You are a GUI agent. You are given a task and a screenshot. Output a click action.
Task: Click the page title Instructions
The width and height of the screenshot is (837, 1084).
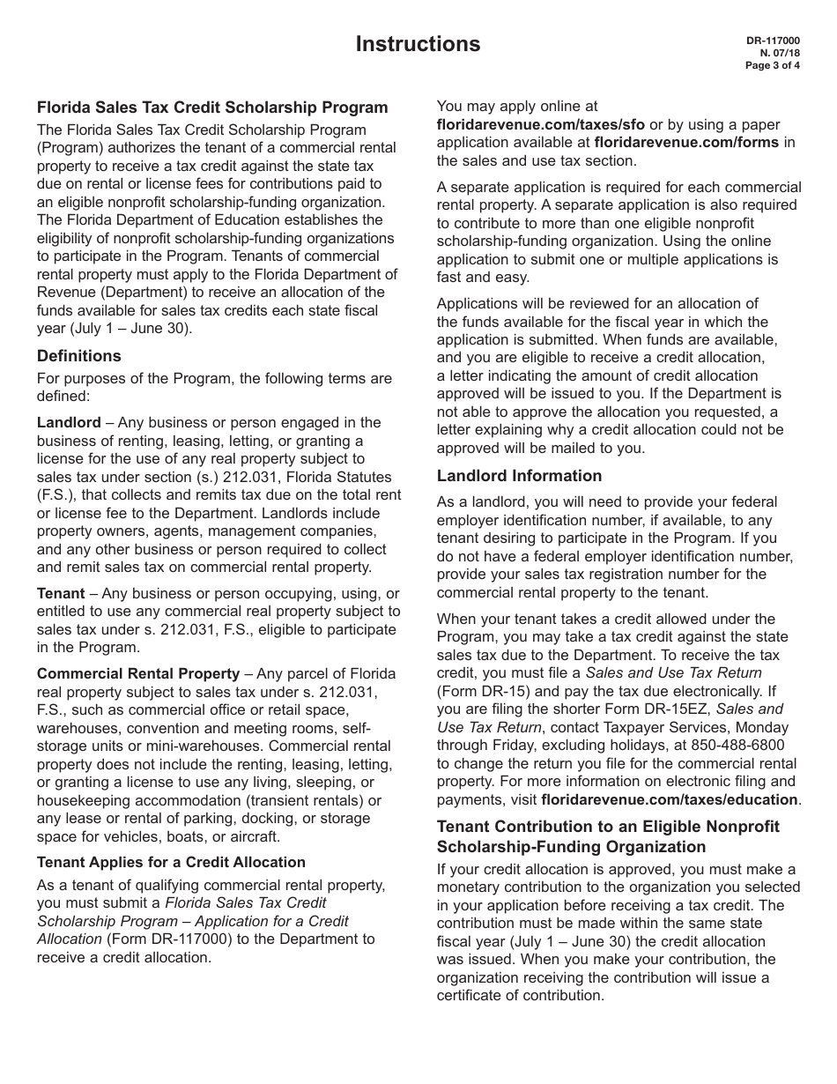click(x=418, y=44)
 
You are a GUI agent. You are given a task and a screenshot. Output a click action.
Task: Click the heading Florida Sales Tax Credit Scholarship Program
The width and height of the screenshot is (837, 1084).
click(x=212, y=108)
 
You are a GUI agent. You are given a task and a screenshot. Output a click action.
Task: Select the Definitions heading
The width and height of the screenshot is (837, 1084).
click(x=79, y=356)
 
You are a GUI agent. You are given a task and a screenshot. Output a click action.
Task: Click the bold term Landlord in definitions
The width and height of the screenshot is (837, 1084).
click(x=69, y=423)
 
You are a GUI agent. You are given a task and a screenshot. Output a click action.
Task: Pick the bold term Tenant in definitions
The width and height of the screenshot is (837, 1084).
click(x=61, y=594)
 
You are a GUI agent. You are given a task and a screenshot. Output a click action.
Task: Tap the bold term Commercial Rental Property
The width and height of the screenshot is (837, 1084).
click(x=138, y=673)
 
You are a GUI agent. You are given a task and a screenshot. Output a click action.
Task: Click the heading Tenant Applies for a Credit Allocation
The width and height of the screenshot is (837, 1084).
click(x=171, y=862)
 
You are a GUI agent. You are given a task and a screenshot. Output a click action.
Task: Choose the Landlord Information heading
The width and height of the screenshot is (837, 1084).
click(x=519, y=476)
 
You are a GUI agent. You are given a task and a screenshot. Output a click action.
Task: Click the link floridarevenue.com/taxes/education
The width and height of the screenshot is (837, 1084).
click(x=670, y=800)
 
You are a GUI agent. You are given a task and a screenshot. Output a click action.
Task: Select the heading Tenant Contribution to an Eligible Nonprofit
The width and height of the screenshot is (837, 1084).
click(x=608, y=827)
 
